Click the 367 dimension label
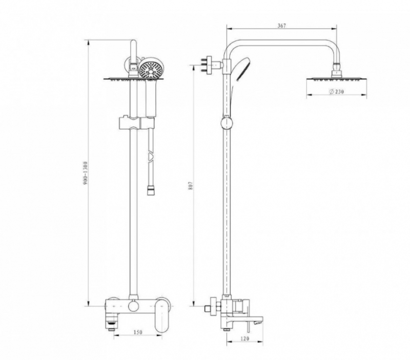[x=281, y=26]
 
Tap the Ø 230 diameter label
[x=336, y=92]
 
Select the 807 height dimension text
[x=191, y=186]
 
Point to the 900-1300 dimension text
[x=86, y=173]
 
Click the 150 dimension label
[x=138, y=332]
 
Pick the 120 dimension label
[x=244, y=338]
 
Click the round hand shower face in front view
[x=150, y=69]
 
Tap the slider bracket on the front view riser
[x=137, y=123]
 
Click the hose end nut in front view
[x=150, y=190]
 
